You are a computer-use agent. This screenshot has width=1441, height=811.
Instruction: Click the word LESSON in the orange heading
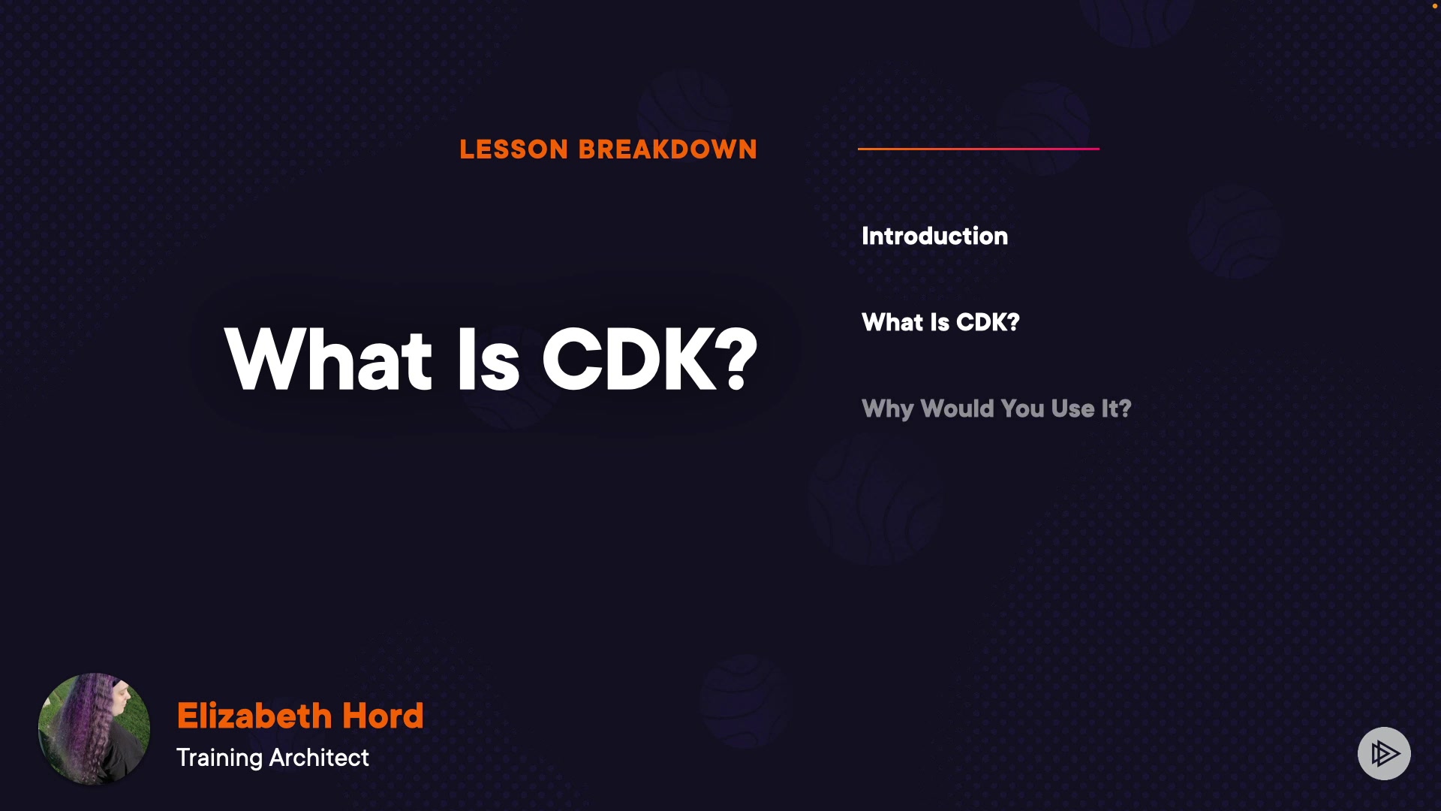pos(514,149)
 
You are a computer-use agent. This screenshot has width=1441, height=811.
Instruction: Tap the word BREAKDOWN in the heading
pos(668,149)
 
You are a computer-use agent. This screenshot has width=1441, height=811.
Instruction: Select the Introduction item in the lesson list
pos(934,236)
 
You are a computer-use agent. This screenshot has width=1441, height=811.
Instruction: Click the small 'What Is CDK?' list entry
pos(940,322)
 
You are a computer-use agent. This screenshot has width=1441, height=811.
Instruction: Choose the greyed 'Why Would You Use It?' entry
pos(996,409)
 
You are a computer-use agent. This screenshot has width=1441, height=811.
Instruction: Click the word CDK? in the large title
pos(650,360)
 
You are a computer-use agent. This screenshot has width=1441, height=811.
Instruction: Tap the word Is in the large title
pos(489,360)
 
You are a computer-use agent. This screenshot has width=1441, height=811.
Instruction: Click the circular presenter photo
pos(94,728)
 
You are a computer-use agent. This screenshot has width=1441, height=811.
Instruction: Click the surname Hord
pos(383,716)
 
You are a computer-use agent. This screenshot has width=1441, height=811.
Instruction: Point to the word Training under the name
pos(219,758)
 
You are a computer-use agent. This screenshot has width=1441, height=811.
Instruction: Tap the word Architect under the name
pos(319,757)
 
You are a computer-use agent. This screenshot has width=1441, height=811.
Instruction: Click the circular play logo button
pos(1384,753)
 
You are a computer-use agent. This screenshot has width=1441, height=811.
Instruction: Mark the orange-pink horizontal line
pos(979,149)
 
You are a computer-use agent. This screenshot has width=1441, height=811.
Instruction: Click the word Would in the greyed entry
pos(957,409)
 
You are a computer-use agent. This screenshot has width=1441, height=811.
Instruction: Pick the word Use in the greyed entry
pos(1072,409)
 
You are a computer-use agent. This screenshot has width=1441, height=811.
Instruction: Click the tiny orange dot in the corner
pos(1435,6)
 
